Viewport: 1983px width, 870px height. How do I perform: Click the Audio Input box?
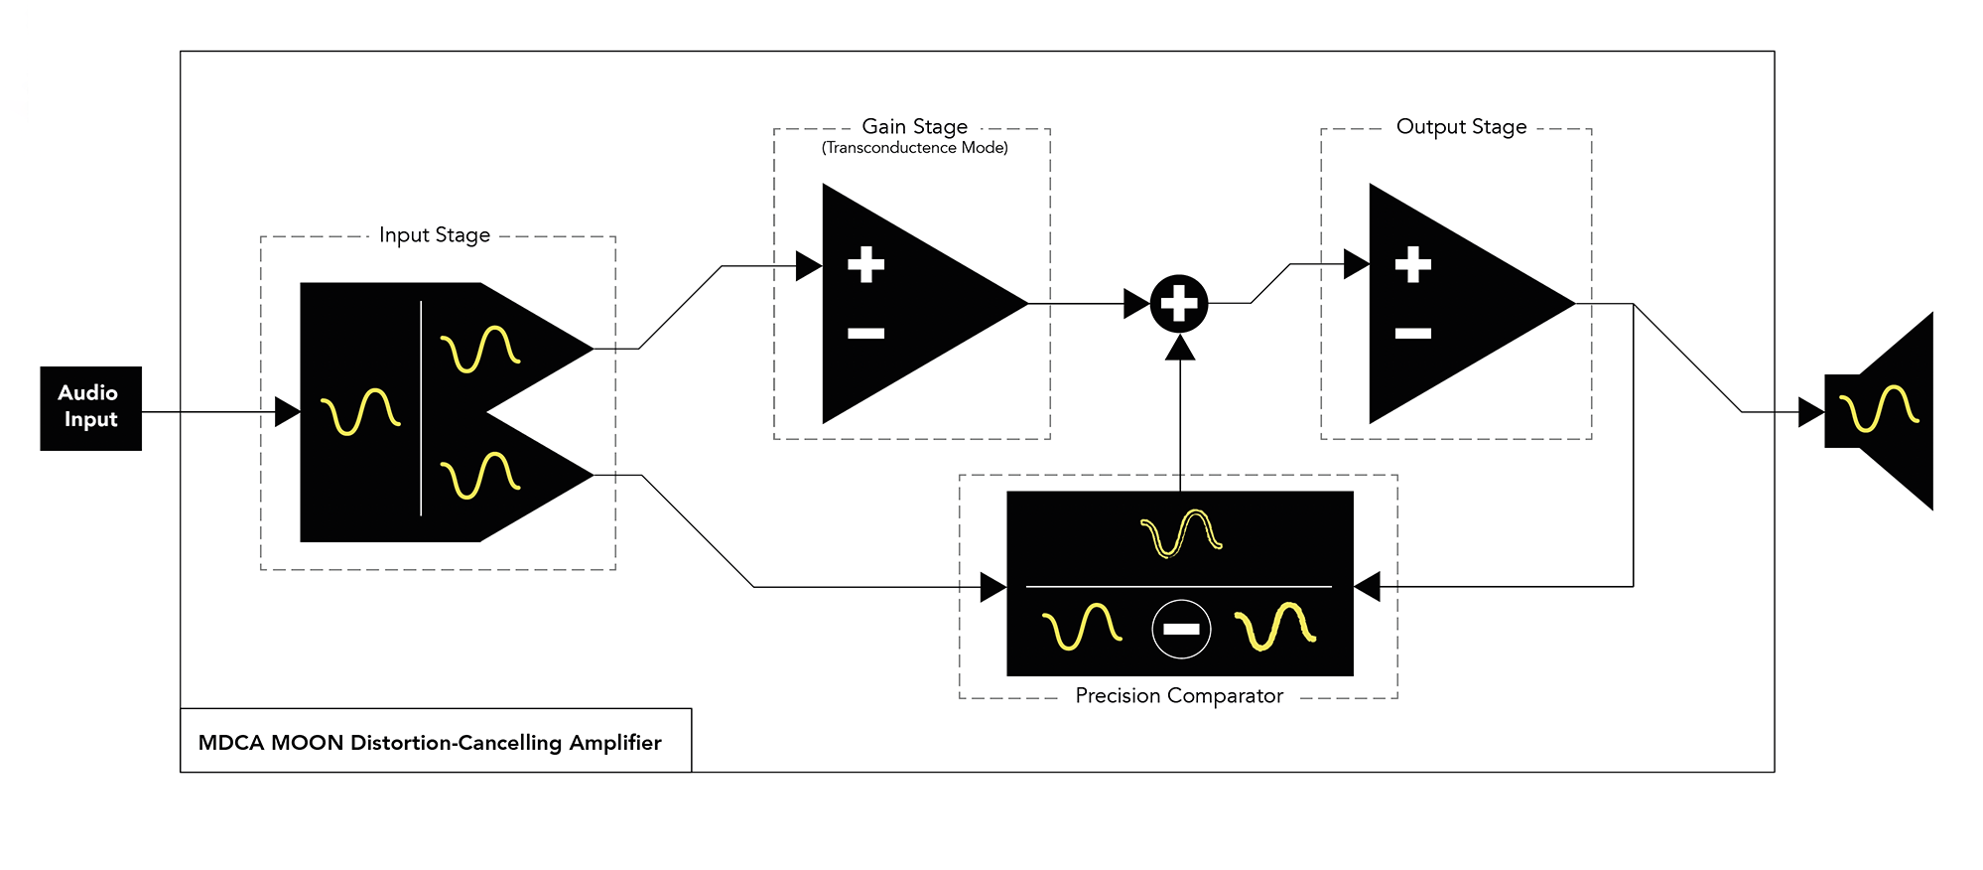90,407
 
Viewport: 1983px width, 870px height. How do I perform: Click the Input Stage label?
435,235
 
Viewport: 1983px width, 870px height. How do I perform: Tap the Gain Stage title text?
914,126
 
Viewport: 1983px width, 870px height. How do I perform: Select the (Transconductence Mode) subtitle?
914,148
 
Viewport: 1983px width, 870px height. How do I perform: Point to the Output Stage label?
1461,126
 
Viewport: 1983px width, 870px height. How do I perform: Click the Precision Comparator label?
1179,696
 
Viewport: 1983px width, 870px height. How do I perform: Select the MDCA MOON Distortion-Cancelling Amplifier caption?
430,743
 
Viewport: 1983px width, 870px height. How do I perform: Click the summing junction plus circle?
1179,303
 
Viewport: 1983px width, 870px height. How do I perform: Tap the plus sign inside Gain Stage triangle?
865,264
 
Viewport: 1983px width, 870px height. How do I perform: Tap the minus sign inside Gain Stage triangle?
865,334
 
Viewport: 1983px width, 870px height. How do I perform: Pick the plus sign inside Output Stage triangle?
1412,264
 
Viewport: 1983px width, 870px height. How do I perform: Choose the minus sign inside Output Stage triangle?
1412,334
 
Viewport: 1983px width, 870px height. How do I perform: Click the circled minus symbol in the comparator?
1181,629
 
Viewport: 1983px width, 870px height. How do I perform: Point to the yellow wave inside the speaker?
1879,408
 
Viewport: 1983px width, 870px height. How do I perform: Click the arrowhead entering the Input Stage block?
287,411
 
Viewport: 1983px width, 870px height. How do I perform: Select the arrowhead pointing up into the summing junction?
1179,348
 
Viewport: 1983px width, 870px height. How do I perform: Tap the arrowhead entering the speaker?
1810,411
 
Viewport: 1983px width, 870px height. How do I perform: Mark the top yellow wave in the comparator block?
1181,533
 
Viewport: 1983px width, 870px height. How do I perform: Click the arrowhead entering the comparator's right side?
1368,587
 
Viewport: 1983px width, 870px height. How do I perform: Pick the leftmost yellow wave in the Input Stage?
360,411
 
